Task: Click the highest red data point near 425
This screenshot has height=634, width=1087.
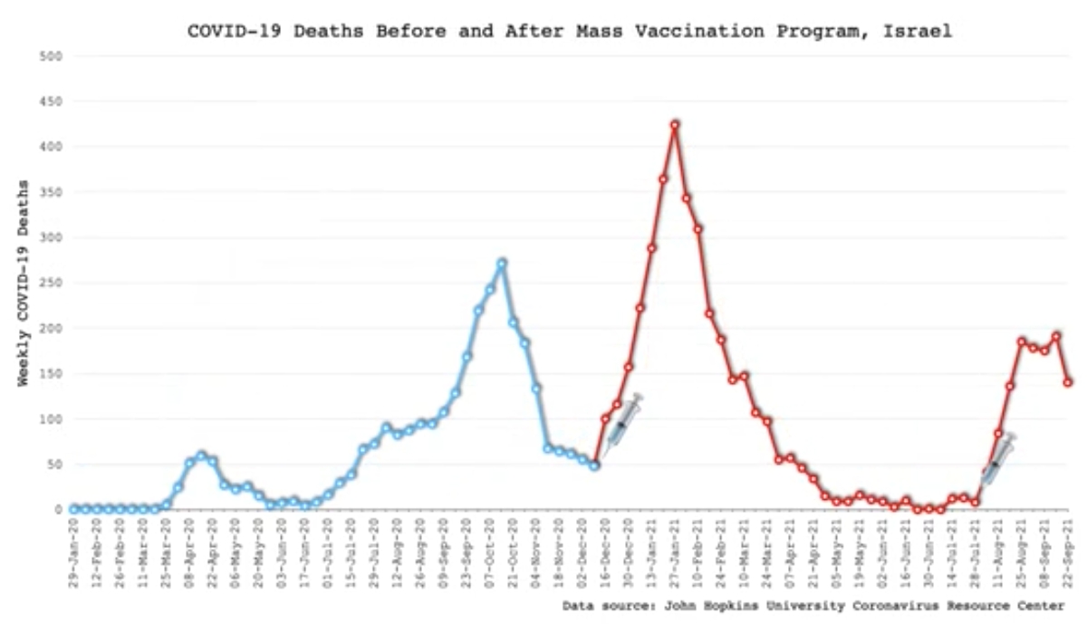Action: click(x=675, y=125)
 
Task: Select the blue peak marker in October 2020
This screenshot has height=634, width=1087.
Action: click(x=502, y=264)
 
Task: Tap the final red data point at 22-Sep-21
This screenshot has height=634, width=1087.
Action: click(x=1069, y=382)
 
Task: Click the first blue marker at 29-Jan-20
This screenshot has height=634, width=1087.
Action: click(x=74, y=509)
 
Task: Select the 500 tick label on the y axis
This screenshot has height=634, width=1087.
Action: click(x=52, y=56)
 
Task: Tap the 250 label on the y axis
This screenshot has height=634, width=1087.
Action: click(x=52, y=283)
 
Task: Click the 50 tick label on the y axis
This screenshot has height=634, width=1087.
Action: click(x=54, y=464)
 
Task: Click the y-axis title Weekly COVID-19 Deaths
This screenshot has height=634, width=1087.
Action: click(x=24, y=283)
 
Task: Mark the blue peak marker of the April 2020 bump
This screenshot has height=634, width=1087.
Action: click(x=201, y=456)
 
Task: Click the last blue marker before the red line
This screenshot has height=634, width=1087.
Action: click(x=594, y=466)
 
